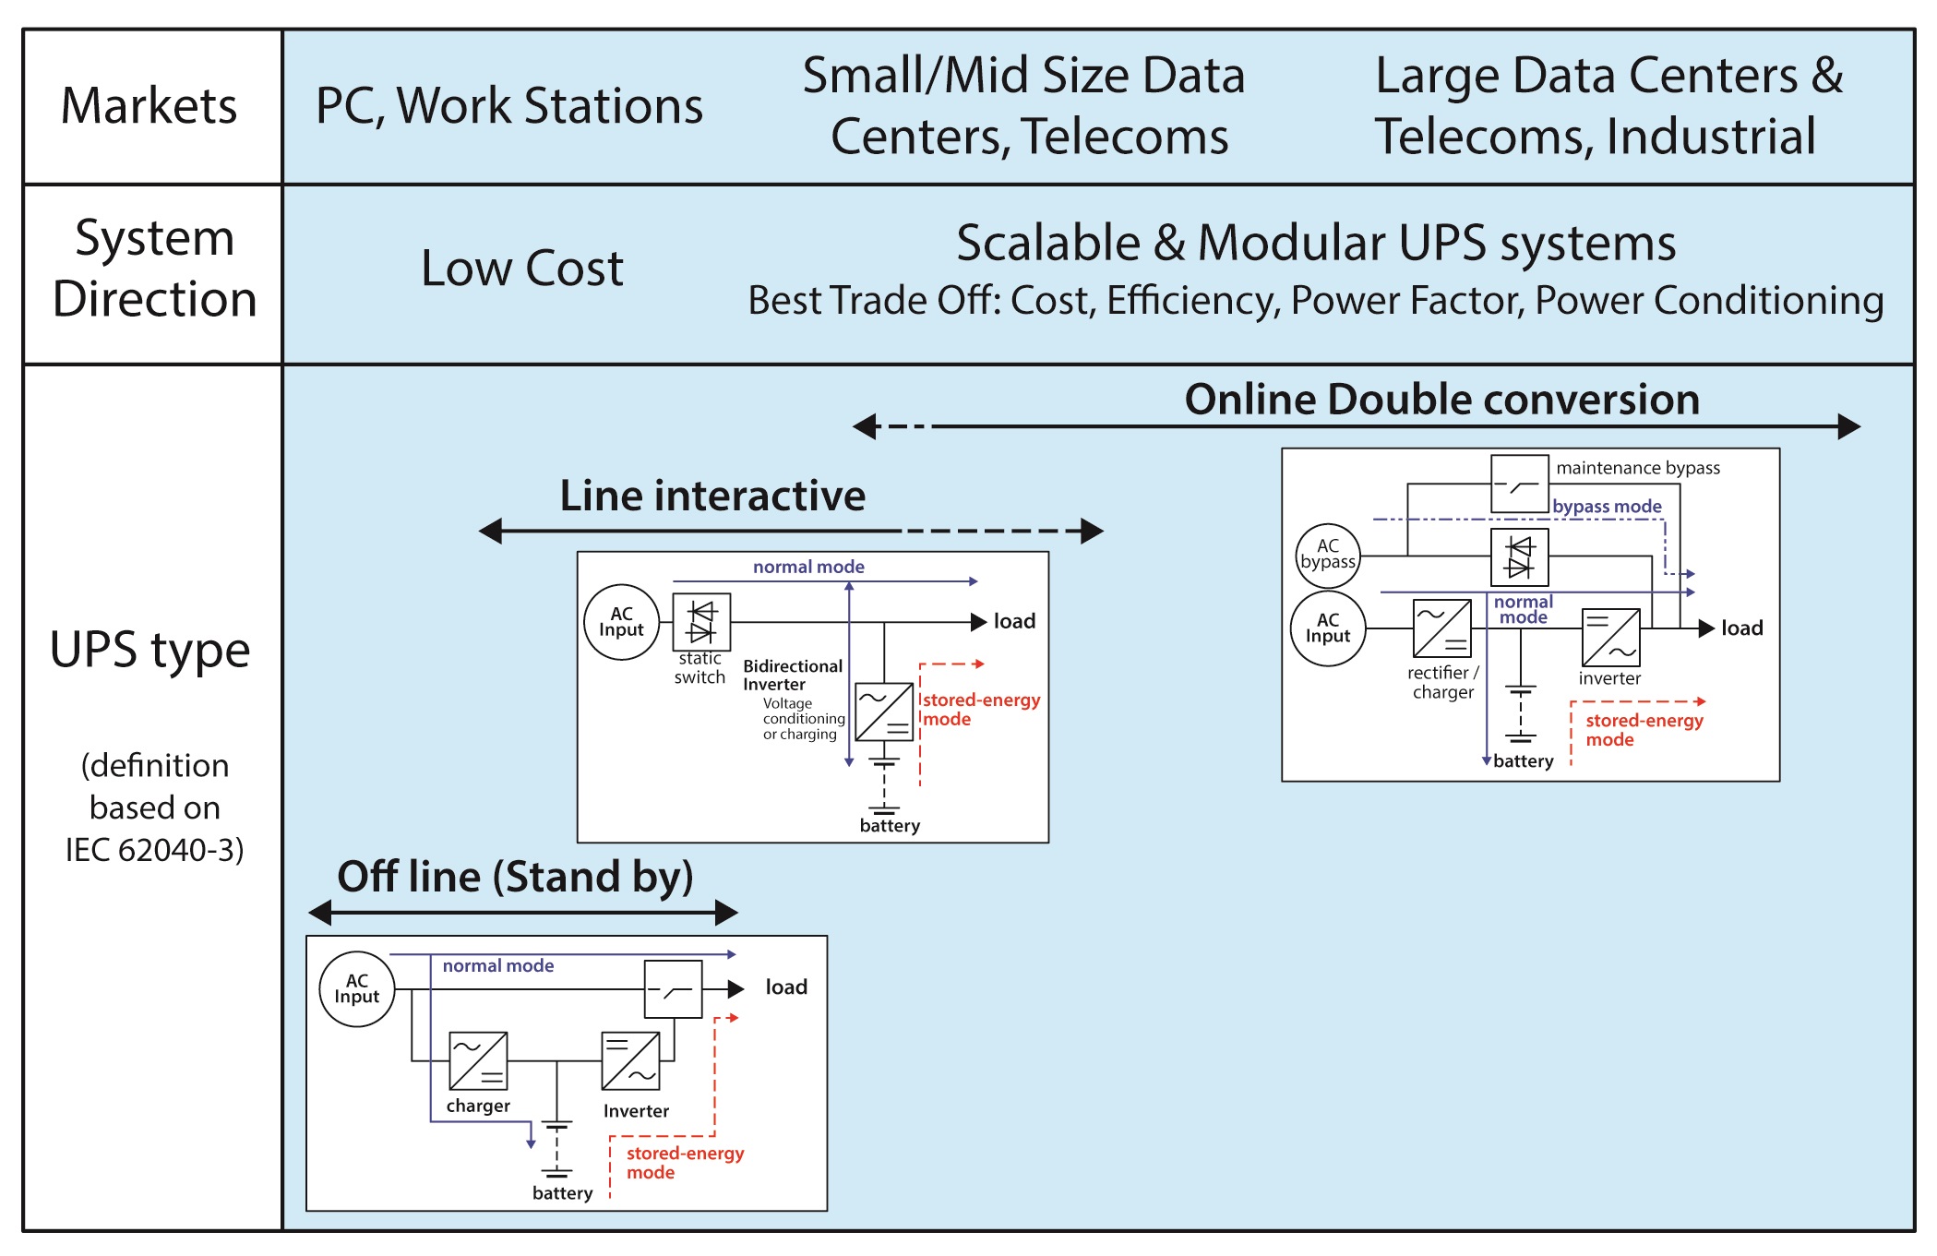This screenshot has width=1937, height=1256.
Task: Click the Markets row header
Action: pos(149,106)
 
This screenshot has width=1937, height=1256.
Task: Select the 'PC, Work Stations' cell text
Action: pos(508,106)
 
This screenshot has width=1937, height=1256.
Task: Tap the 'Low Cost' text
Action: pos(522,269)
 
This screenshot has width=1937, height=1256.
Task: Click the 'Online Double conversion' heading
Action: pos(1441,401)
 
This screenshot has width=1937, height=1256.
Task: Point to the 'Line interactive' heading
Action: pos(712,496)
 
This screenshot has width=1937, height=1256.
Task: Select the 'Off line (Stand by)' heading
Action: pos(515,877)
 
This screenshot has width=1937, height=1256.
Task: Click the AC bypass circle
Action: pos(1328,556)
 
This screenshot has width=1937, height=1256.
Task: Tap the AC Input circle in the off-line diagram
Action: pos(357,989)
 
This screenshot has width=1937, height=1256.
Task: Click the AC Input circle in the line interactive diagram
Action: pos(622,622)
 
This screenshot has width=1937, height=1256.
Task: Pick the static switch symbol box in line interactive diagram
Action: pos(701,622)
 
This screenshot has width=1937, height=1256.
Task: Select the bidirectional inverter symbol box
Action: pos(884,712)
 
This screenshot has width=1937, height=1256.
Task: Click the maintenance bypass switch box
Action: pos(1520,484)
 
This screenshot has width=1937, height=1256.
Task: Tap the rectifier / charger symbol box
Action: pos(1442,628)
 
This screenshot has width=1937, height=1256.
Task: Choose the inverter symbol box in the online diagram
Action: pos(1611,637)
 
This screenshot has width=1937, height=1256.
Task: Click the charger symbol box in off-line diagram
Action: pos(478,1061)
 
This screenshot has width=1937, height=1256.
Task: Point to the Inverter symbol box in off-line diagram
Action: pos(630,1061)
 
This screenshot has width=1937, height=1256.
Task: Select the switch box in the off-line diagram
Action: pos(674,989)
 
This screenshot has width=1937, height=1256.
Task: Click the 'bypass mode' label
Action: pos(1607,507)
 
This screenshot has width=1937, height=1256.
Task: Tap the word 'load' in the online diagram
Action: pos(1742,628)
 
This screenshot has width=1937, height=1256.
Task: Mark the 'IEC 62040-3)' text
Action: pos(154,850)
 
